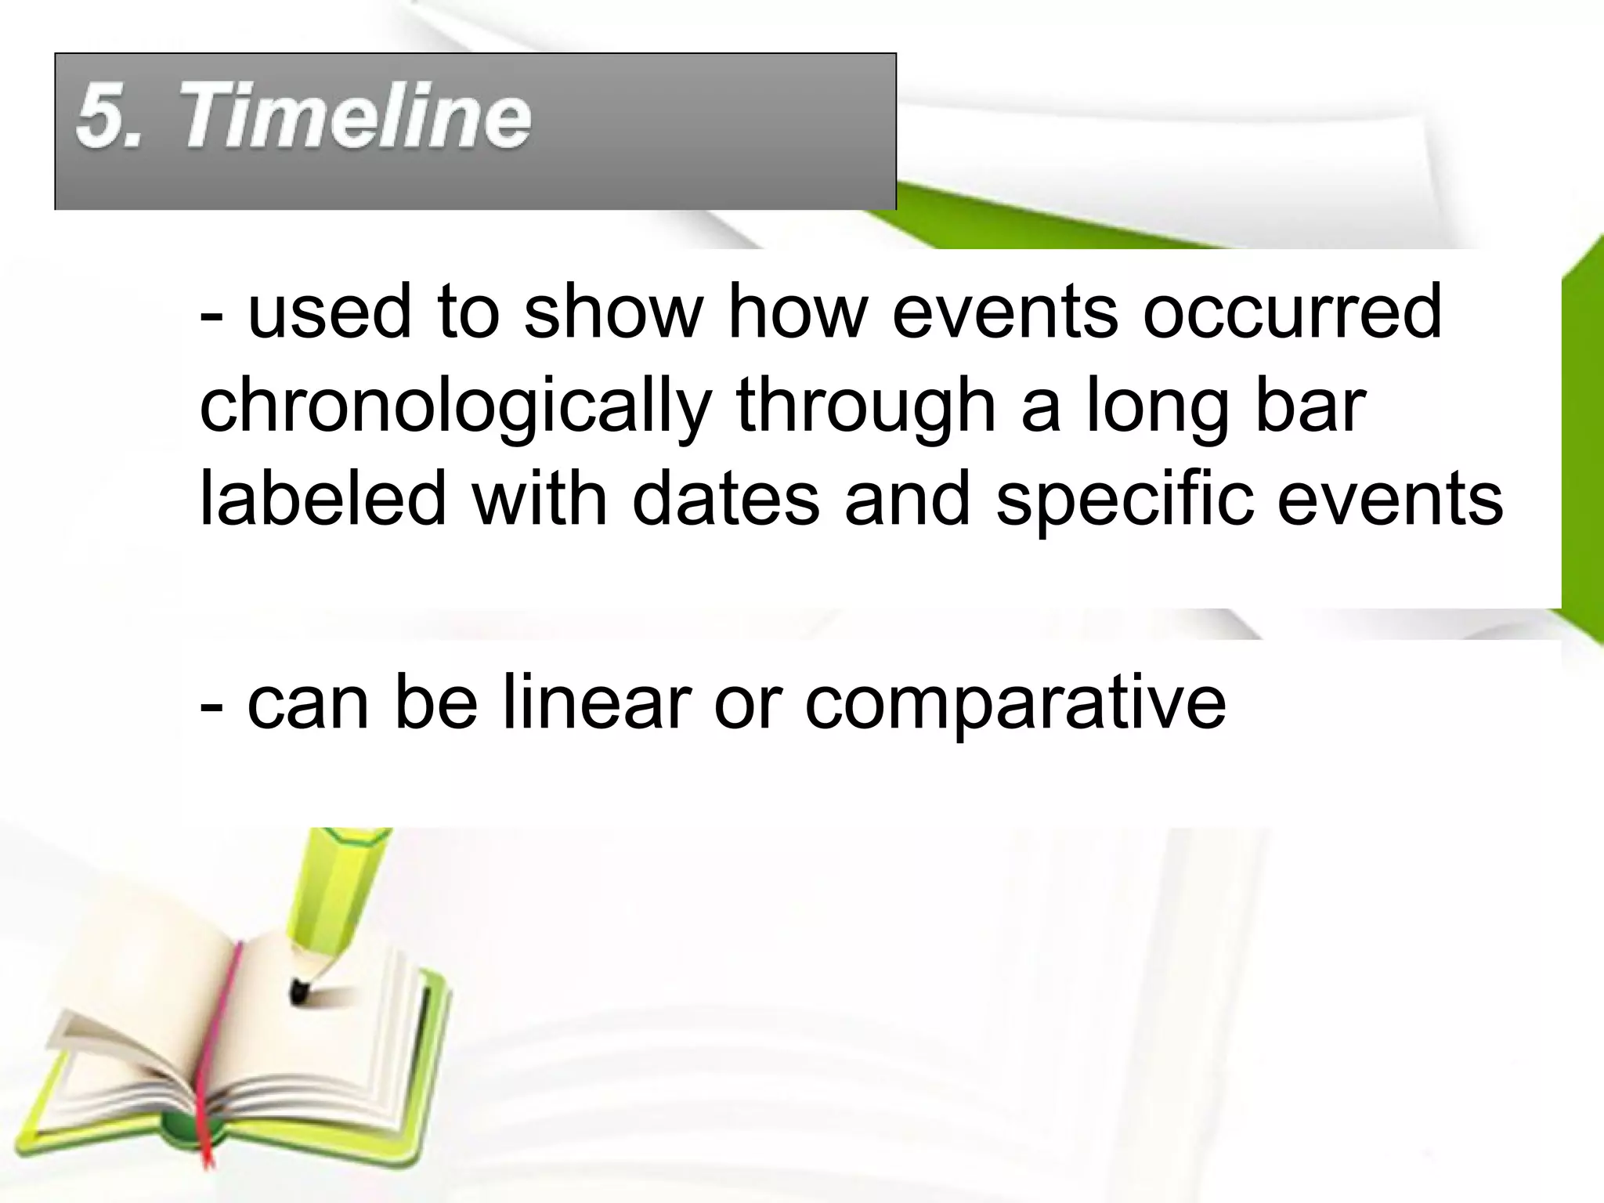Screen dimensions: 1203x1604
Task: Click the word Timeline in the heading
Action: pyautogui.click(x=357, y=117)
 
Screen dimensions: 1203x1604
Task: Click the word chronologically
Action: pyautogui.click(x=454, y=407)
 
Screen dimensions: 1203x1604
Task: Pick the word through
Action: pyautogui.click(x=865, y=407)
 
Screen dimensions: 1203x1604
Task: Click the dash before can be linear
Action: pyautogui.click(x=211, y=703)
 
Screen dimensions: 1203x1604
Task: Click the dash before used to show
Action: pyautogui.click(x=211, y=314)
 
